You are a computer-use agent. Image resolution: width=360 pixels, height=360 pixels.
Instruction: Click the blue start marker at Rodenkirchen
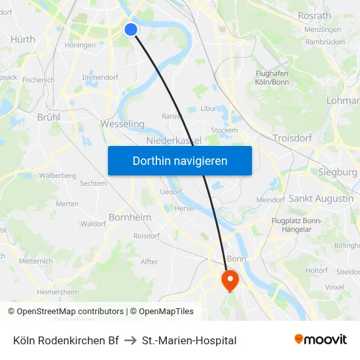[x=131, y=29]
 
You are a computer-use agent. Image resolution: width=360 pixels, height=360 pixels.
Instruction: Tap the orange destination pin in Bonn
[x=230, y=280]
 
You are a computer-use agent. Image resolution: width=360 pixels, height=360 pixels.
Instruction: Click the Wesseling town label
[x=122, y=124]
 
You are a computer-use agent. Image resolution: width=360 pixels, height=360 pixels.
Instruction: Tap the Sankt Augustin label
[x=321, y=198]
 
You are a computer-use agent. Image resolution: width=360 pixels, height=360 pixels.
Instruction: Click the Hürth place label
[x=23, y=39]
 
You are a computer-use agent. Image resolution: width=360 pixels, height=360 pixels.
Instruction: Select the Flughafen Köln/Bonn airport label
[x=272, y=78]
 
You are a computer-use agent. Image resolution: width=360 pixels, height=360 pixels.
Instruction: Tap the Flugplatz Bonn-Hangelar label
[x=297, y=225]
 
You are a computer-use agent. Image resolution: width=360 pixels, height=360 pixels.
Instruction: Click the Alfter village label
[x=149, y=262]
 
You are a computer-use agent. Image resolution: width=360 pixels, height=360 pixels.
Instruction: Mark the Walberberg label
[x=58, y=175]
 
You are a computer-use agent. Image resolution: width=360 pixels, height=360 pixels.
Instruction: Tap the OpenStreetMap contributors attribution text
[x=66, y=312]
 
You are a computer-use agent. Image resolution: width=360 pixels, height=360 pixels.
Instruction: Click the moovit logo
[x=321, y=340]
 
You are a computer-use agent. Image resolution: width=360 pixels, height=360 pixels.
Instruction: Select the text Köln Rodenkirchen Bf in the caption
[x=65, y=340]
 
